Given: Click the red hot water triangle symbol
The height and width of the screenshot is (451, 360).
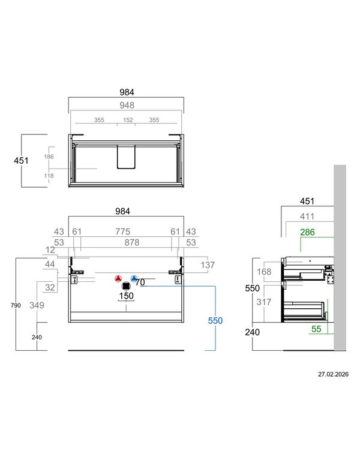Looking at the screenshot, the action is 118,278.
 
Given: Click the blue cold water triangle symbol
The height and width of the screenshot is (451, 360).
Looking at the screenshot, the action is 134,278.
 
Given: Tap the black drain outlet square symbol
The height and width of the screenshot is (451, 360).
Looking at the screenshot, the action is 126,286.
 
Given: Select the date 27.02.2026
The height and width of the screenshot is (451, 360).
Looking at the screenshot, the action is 333,374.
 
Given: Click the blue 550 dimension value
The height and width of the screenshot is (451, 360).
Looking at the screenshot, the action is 215,320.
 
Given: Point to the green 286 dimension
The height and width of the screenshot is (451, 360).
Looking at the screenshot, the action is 307,232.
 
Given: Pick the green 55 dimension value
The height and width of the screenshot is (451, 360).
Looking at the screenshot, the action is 316,329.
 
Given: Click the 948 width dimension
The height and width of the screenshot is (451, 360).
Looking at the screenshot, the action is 127,106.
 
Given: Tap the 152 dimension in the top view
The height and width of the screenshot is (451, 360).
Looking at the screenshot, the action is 128,120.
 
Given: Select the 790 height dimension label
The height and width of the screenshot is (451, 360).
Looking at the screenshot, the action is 16,305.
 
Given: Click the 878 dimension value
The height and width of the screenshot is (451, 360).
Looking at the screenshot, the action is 132,242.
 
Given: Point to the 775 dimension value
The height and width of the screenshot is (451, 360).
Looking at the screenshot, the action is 123,231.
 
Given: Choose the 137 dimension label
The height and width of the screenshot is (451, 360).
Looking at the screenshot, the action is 208,265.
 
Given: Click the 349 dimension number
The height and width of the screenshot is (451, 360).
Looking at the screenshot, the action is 37,305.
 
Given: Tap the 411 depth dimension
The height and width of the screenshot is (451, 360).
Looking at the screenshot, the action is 307,217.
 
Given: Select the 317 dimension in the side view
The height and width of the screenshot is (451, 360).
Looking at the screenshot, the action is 264,302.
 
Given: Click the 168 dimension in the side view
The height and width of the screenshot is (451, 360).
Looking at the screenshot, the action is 264,272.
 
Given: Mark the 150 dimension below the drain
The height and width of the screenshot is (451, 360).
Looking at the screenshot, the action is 127,296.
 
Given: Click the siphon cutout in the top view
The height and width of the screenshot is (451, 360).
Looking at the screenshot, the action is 126,157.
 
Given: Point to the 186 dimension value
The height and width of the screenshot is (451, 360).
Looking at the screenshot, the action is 49,157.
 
